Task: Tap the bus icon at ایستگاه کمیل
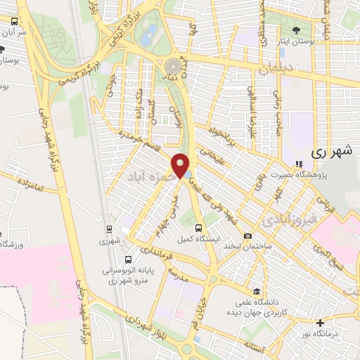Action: (x=198, y=228)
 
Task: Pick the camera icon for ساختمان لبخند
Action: (x=247, y=236)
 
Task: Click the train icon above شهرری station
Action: (x=109, y=229)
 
